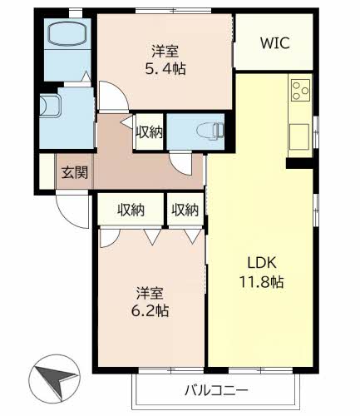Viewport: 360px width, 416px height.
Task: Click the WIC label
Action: (x=275, y=42)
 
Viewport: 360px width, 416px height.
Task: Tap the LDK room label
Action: (x=261, y=262)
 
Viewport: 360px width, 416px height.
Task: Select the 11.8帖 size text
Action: (x=261, y=282)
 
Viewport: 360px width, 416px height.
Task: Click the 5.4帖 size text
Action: (x=165, y=68)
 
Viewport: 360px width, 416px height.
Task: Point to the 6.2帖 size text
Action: (x=150, y=311)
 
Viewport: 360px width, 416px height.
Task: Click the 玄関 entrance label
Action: (x=75, y=172)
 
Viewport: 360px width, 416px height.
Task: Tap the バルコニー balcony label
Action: (x=216, y=390)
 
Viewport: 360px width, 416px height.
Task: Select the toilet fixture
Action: (x=210, y=130)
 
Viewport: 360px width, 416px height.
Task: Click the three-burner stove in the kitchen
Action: (x=300, y=90)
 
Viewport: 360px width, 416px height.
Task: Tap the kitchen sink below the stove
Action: (x=299, y=136)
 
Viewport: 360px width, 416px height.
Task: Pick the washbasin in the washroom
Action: (x=49, y=106)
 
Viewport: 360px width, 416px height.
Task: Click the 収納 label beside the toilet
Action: (x=150, y=132)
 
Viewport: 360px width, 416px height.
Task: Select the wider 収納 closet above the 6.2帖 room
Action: (x=131, y=210)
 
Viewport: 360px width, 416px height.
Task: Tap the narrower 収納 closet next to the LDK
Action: (x=185, y=210)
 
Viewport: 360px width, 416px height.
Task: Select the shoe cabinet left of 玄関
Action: (x=47, y=171)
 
